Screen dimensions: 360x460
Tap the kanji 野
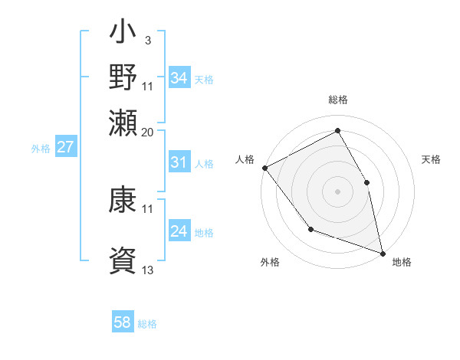123,77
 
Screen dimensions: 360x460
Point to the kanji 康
123,201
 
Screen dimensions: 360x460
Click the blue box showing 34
179,78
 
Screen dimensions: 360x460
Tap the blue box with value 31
179,162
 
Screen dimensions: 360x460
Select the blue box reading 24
179,231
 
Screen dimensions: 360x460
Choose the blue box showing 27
65,147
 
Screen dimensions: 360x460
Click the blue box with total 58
123,322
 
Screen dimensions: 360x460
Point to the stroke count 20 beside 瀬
148,132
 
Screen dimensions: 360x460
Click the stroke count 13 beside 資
148,270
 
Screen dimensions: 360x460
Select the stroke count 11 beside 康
148,208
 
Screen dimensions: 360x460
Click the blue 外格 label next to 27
41,149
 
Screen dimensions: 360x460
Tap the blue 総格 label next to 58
147,324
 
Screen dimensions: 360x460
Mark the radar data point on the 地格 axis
382,252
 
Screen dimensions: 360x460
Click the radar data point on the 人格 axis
264,167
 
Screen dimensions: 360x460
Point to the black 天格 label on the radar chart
431,159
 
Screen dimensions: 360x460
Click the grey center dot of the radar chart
337,191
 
